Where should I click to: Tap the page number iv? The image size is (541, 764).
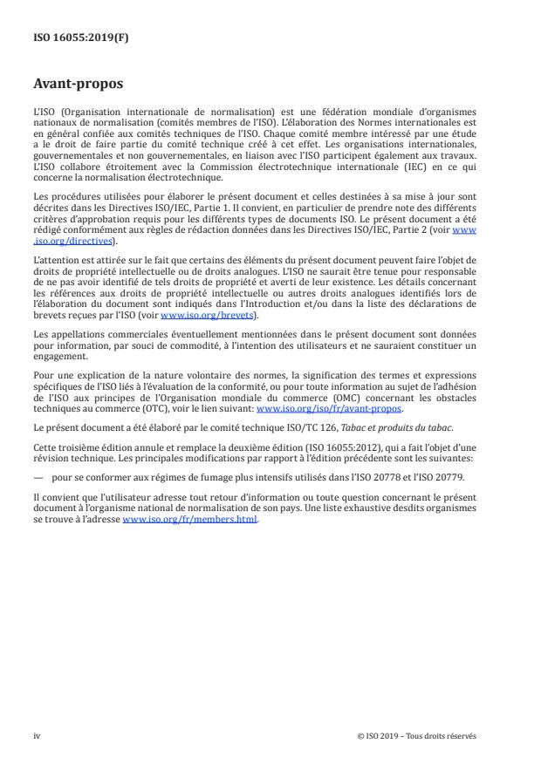point(37,735)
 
